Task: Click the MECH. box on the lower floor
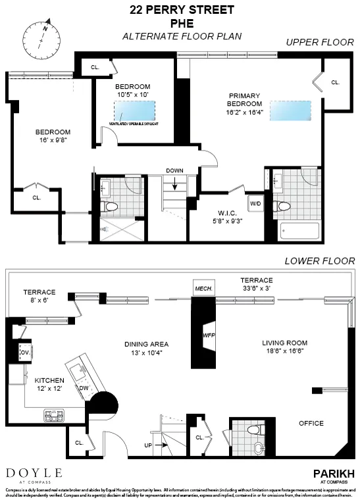200,288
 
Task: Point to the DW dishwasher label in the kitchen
84,387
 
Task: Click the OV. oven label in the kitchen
26,353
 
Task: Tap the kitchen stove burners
53,415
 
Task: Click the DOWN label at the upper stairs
174,171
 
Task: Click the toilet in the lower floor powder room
252,430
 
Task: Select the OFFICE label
311,423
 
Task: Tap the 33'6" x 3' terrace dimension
256,287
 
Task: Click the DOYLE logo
34,473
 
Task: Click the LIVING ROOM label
284,343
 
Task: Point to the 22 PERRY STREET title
180,9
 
